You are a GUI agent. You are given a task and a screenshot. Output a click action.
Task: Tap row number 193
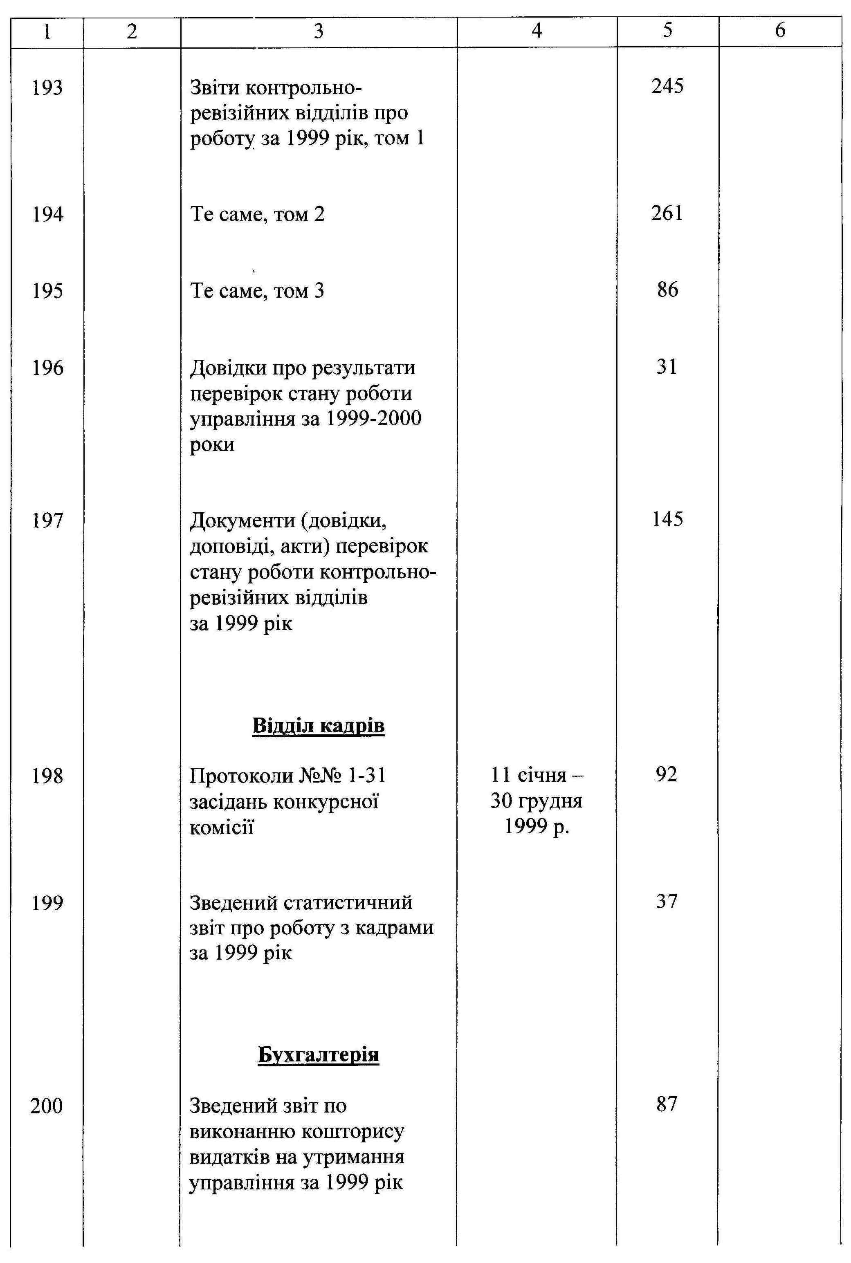[x=48, y=88]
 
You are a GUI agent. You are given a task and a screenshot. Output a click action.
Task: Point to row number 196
[x=48, y=368]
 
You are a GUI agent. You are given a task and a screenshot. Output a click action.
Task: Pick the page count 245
[x=667, y=86]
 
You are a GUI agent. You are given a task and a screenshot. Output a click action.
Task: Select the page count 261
[x=667, y=213]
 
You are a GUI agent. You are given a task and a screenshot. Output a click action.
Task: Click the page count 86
[x=667, y=290]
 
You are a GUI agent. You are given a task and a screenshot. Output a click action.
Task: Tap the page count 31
[x=667, y=367]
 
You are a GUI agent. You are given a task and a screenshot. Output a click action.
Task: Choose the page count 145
[x=667, y=519]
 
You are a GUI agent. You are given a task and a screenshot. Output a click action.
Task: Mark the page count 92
[x=667, y=774]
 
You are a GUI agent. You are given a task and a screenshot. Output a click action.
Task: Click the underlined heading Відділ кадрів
[x=319, y=725]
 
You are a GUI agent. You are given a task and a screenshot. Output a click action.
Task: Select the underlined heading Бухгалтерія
[x=318, y=1054]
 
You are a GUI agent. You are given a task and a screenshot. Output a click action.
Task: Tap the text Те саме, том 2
[x=257, y=214]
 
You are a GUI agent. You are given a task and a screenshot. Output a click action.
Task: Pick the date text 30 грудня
[x=536, y=801]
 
